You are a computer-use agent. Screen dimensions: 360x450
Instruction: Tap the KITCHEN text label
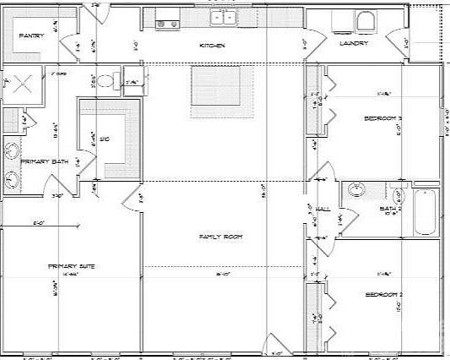[211, 45]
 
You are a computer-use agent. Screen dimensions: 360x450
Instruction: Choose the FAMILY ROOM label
[220, 237]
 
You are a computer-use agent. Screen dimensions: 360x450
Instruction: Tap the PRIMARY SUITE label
[71, 266]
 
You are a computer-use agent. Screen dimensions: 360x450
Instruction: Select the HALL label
[322, 208]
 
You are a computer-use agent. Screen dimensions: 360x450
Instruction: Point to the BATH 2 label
[389, 208]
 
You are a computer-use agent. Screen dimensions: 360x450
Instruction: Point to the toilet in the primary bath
[105, 81]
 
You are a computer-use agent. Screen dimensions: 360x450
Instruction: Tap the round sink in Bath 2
[355, 190]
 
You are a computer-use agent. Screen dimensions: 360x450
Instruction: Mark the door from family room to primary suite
[133, 200]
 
